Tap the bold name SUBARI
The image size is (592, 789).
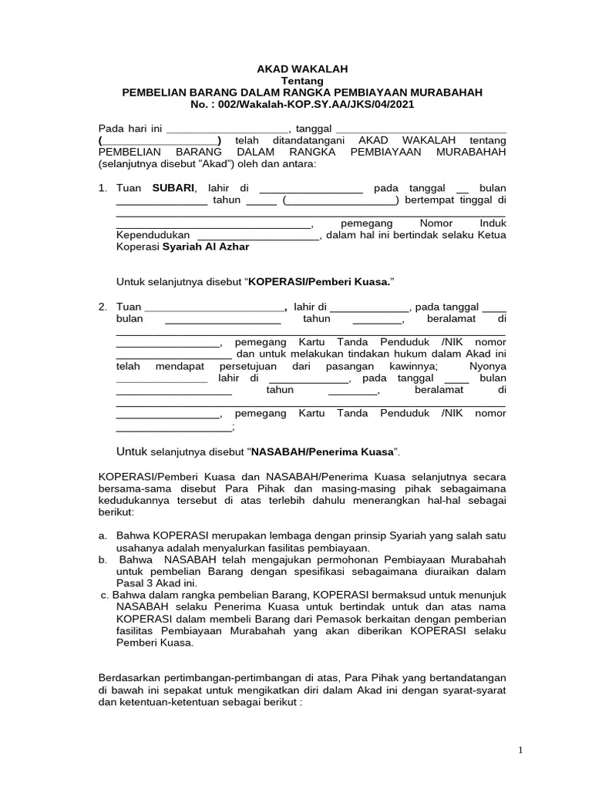[174, 188]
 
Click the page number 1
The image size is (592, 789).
[520, 750]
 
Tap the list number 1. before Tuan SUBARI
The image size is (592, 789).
[103, 188]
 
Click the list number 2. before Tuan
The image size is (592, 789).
[103, 307]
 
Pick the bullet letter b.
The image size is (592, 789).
[103, 559]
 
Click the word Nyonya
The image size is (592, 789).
[486, 366]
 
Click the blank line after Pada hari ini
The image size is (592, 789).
[228, 129]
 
